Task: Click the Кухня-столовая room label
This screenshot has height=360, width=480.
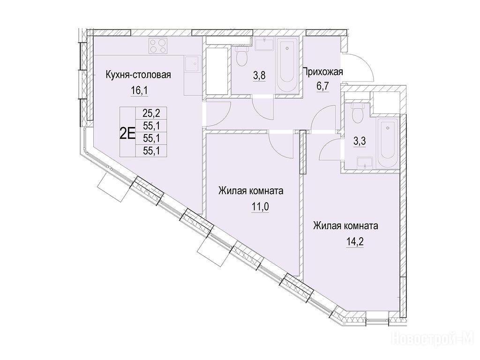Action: click(x=138, y=75)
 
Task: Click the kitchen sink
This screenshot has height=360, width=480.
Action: click(x=193, y=63)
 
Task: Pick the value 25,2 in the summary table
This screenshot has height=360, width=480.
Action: click(x=151, y=113)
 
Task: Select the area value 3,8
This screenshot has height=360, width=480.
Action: click(x=259, y=75)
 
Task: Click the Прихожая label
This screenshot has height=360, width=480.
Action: click(x=322, y=72)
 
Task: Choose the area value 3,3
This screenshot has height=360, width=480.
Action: click(x=360, y=142)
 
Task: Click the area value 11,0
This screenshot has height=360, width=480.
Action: click(x=260, y=207)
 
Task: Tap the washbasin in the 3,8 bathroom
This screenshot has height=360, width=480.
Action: click(x=265, y=45)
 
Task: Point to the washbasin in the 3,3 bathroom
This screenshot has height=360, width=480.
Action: click(x=365, y=163)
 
